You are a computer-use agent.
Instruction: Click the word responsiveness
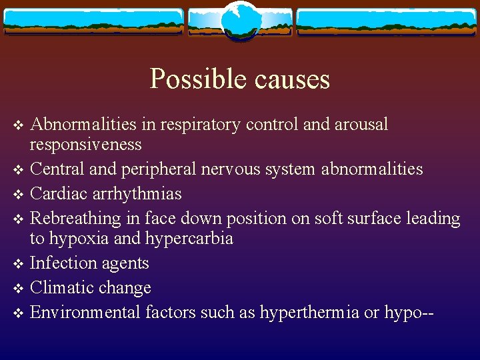click(x=86, y=144)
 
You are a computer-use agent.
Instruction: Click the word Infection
click(x=64, y=263)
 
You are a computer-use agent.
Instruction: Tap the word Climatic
click(x=61, y=287)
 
